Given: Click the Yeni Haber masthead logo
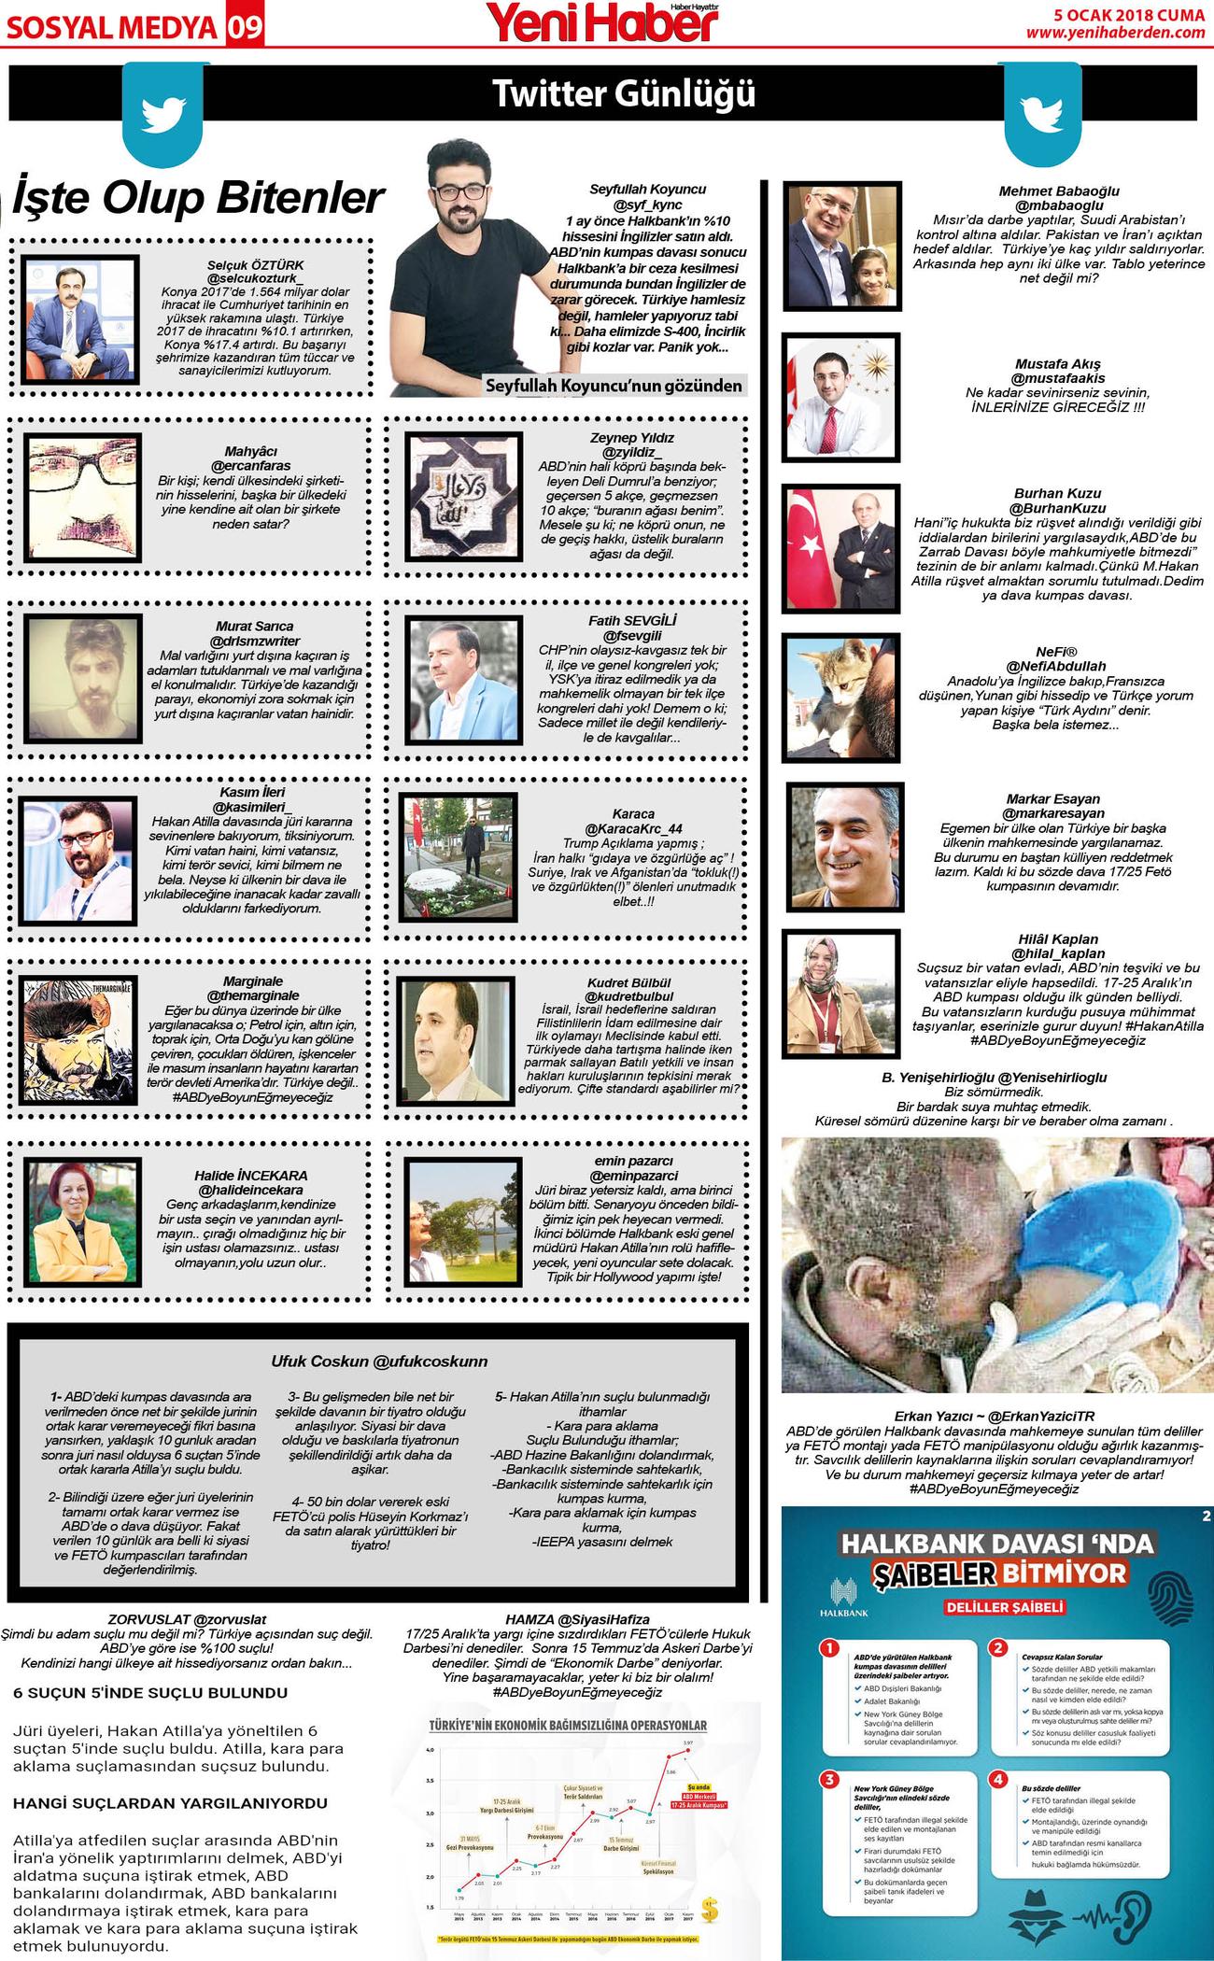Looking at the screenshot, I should tap(603, 22).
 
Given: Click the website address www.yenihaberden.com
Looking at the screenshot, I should tap(1115, 33).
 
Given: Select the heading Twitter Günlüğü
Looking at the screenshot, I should tap(624, 94).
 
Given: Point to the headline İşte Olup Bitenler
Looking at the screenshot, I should tap(198, 198).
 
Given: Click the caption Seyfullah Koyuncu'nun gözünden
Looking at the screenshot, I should tap(614, 386).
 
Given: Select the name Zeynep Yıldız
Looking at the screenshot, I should tap(631, 437).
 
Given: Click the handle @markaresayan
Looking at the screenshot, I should tap(1052, 813).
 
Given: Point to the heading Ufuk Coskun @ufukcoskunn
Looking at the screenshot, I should tap(379, 1361).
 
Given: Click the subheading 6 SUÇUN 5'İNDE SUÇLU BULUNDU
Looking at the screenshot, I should tap(150, 1693).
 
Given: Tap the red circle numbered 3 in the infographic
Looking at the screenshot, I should tap(828, 1780).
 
